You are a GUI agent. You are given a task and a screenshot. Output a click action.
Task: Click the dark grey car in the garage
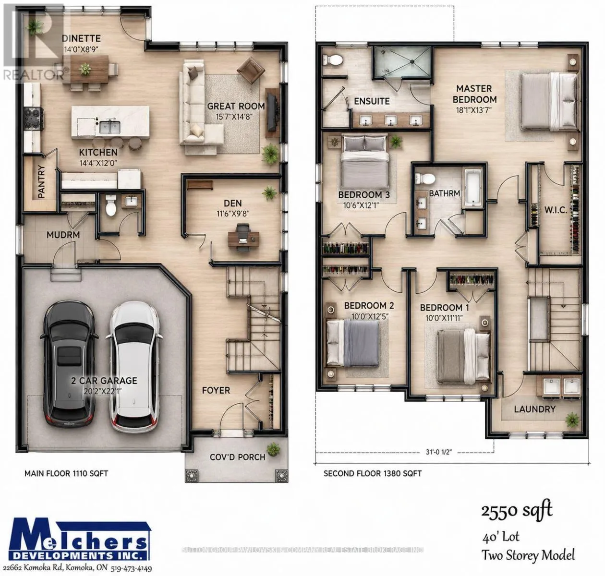[69, 364]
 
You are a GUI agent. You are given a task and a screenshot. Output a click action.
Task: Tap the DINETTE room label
[81, 38]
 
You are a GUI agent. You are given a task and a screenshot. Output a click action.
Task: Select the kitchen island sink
[110, 127]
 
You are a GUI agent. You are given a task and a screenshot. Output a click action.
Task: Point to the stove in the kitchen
[34, 119]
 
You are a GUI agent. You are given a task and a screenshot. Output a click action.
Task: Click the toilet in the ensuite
[332, 59]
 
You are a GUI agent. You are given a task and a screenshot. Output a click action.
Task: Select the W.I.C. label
[556, 210]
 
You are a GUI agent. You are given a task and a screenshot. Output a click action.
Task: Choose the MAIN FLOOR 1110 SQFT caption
[66, 473]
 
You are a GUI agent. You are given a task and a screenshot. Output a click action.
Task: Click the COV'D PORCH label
[237, 457]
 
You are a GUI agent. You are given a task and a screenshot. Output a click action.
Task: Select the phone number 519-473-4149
[131, 569]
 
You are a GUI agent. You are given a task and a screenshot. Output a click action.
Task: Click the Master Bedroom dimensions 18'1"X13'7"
[474, 110]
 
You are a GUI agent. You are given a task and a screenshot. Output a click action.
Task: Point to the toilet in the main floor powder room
[110, 205]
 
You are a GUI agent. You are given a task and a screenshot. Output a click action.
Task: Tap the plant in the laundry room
[572, 420]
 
